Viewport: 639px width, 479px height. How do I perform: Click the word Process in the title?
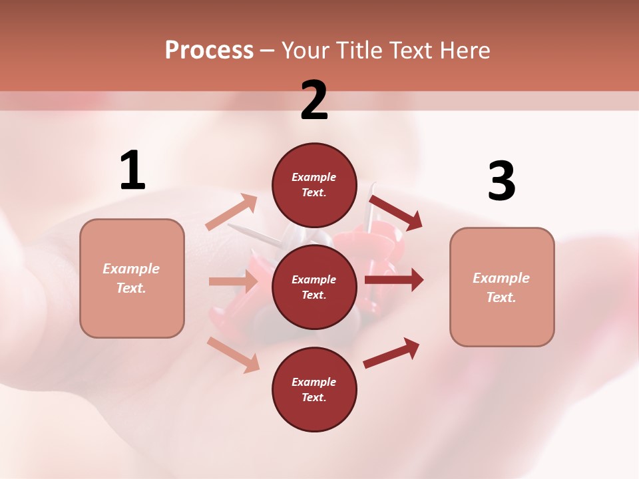tap(209, 50)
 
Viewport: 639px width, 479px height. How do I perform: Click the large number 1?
tap(132, 171)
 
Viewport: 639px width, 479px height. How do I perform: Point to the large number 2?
tap(314, 100)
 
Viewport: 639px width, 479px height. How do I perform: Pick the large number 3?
tap(501, 181)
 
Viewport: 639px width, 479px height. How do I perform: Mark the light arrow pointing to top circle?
tap(232, 212)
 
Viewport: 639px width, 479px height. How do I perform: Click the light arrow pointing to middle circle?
tap(232, 281)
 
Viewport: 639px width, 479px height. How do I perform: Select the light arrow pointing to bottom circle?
tap(233, 355)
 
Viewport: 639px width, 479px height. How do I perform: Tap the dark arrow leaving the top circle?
tap(395, 212)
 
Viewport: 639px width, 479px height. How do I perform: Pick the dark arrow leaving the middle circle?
tap(393, 280)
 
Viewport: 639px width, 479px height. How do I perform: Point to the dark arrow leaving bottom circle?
tap(391, 353)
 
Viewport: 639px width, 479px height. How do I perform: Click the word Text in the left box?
tap(131, 288)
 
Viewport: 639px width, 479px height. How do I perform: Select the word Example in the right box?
tap(501, 278)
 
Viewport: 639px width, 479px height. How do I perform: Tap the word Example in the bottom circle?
tap(314, 382)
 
